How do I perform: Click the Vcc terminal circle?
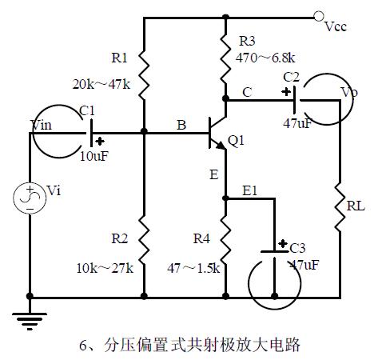point(318,17)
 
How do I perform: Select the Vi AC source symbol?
point(30,198)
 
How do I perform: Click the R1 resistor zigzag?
point(144,75)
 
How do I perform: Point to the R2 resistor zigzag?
point(144,240)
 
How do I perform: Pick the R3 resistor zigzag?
point(225,58)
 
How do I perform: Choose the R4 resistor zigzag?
point(225,240)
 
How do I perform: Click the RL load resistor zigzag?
point(340,207)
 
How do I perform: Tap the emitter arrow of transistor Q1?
point(221,146)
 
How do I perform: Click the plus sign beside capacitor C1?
point(100,142)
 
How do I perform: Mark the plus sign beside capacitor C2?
point(286,92)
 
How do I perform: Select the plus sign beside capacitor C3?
point(283,243)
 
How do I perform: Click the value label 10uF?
point(94,156)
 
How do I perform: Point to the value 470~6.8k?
point(265,58)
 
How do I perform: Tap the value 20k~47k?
point(101,85)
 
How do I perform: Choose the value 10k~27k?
point(105,268)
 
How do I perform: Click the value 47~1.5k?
point(193,268)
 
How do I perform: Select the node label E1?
point(250,190)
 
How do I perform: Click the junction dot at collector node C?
point(225,98)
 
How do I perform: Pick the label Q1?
point(237,141)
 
